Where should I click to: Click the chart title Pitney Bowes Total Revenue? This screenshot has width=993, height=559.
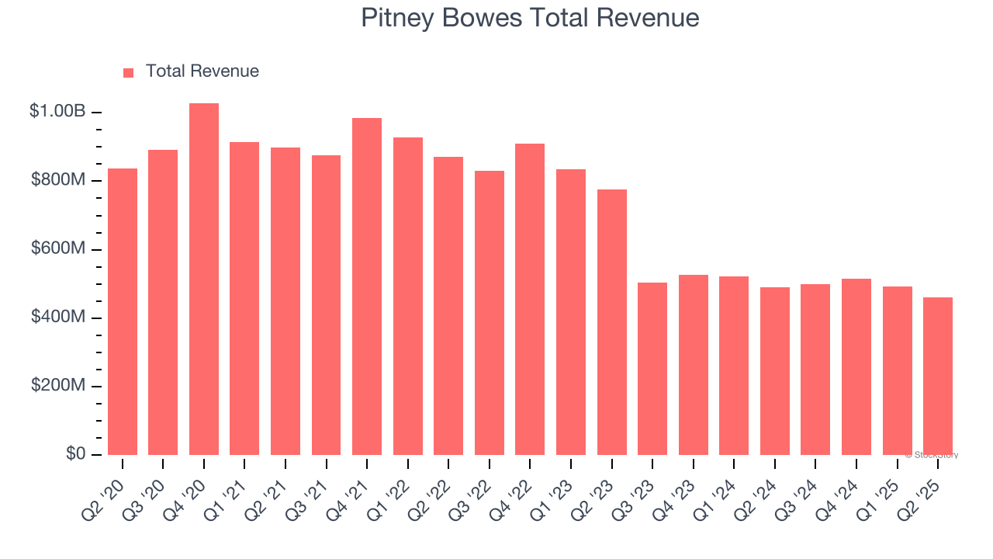point(530,18)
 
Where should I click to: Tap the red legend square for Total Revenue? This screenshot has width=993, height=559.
point(129,72)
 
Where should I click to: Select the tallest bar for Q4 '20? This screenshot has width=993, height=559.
point(204,279)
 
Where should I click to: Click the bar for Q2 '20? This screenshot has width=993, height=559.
point(123,311)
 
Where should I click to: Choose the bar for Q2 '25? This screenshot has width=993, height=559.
point(938,376)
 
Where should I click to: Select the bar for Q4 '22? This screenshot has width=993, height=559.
point(530,299)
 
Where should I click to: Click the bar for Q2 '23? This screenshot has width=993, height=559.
point(612,322)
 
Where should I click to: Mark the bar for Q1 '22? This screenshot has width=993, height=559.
point(408,296)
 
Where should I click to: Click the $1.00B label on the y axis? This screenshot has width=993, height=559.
point(57,112)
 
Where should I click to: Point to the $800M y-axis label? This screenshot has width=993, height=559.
point(58,180)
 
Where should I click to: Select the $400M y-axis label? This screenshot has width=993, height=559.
point(58,318)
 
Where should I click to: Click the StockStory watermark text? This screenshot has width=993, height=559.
point(933,455)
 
